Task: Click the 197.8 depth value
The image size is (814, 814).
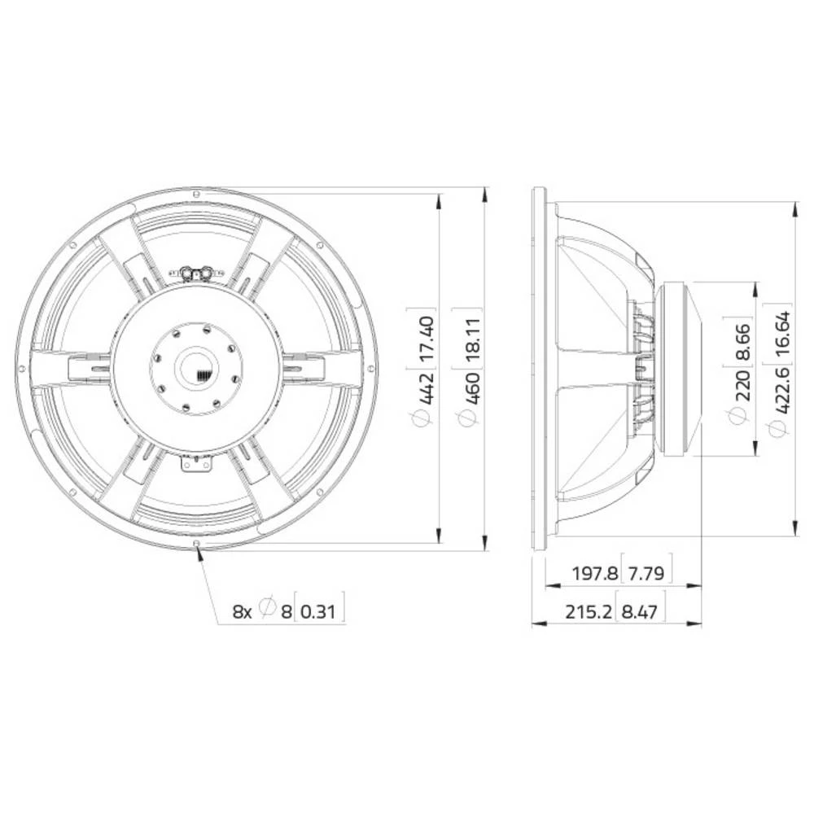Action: click(x=593, y=573)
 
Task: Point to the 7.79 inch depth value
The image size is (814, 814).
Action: click(x=646, y=573)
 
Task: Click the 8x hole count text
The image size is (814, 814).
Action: click(x=242, y=610)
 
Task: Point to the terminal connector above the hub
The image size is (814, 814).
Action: click(x=196, y=273)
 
